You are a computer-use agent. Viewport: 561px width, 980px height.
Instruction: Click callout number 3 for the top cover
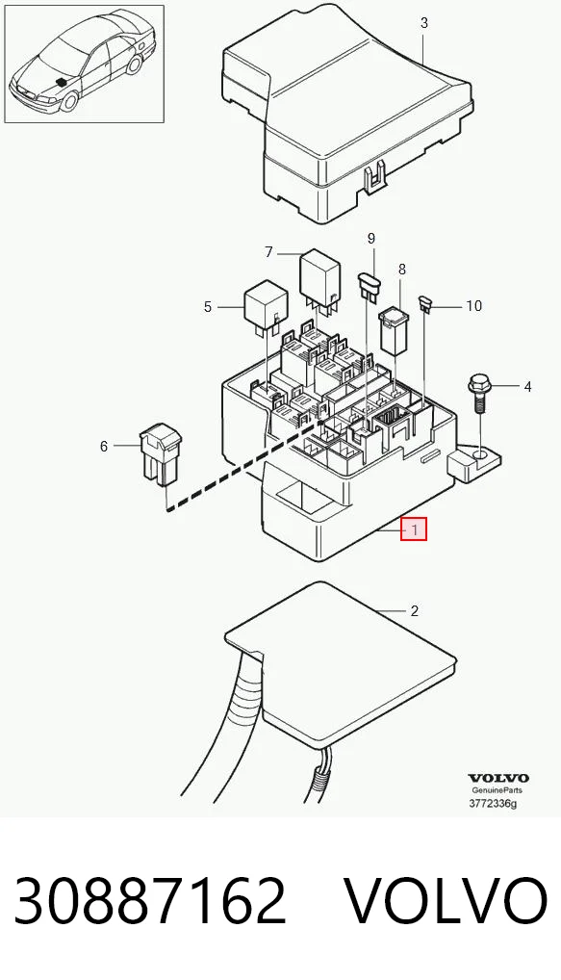pyautogui.click(x=424, y=23)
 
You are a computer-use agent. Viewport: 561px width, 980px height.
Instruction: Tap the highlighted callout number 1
pyautogui.click(x=414, y=530)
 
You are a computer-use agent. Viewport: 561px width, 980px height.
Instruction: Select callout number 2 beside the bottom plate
pyautogui.click(x=415, y=610)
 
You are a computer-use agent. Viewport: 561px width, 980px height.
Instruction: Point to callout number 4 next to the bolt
pyautogui.click(x=527, y=387)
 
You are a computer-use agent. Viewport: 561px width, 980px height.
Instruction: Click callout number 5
pyautogui.click(x=208, y=307)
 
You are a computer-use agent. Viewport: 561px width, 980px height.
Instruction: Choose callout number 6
pyautogui.click(x=104, y=447)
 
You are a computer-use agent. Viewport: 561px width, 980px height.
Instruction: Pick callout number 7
pyautogui.click(x=268, y=252)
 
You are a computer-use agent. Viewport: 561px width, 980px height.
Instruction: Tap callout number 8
pyautogui.click(x=401, y=269)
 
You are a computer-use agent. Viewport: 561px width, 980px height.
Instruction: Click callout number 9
pyautogui.click(x=371, y=238)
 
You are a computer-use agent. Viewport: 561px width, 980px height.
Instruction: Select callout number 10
pyautogui.click(x=474, y=305)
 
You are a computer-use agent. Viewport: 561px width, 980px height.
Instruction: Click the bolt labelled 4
pyautogui.click(x=478, y=394)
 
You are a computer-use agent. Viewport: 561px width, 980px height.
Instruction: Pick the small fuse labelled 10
pyautogui.click(x=427, y=304)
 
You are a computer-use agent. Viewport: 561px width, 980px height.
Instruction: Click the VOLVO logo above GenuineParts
pyautogui.click(x=498, y=778)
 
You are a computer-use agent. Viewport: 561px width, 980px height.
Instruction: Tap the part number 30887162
pyautogui.click(x=150, y=901)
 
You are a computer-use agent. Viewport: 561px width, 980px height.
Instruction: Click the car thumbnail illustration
pyautogui.click(x=85, y=64)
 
